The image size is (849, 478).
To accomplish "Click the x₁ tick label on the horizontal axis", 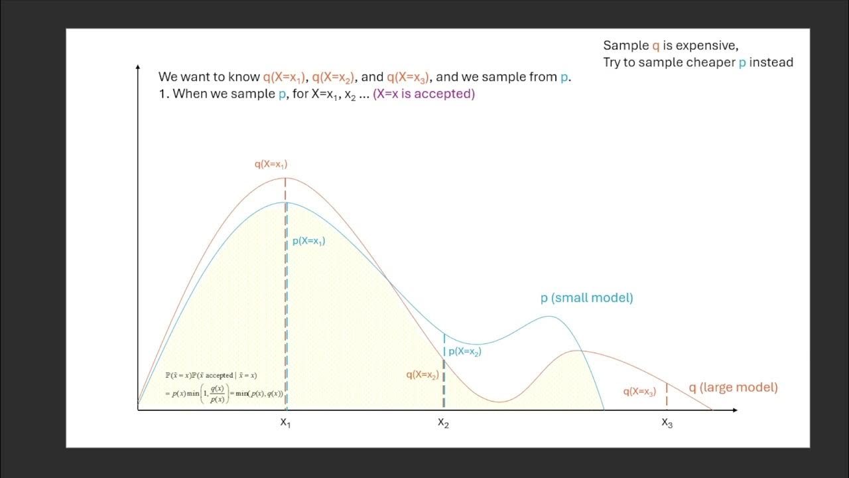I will (285, 422).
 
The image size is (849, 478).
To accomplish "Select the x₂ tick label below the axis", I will (443, 422).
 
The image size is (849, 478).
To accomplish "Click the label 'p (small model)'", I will (586, 298).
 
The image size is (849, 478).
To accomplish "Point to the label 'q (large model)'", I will (732, 388).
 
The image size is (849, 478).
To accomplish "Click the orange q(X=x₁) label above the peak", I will (271, 164).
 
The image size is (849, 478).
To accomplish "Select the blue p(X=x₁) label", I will (308, 242).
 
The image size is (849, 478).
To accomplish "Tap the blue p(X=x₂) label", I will (465, 352).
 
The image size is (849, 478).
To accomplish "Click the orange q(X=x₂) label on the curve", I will (422, 374).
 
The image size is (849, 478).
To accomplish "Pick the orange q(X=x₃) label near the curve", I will (639, 392).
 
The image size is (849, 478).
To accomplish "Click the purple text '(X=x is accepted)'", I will (424, 94).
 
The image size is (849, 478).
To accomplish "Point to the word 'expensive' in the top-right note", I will (705, 45).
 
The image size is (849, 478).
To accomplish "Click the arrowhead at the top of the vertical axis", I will (137, 68).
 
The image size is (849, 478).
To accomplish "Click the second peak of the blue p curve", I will (549, 317).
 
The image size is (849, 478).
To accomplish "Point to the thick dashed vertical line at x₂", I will (443, 385).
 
